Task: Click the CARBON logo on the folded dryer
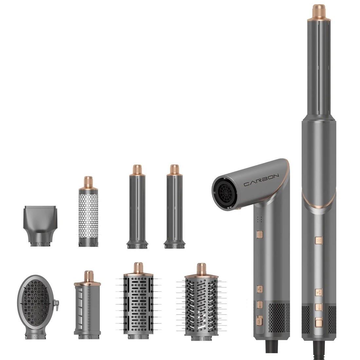261,180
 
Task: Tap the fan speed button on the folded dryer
260,289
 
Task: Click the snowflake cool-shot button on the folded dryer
260,235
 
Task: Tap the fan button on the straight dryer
318,292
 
